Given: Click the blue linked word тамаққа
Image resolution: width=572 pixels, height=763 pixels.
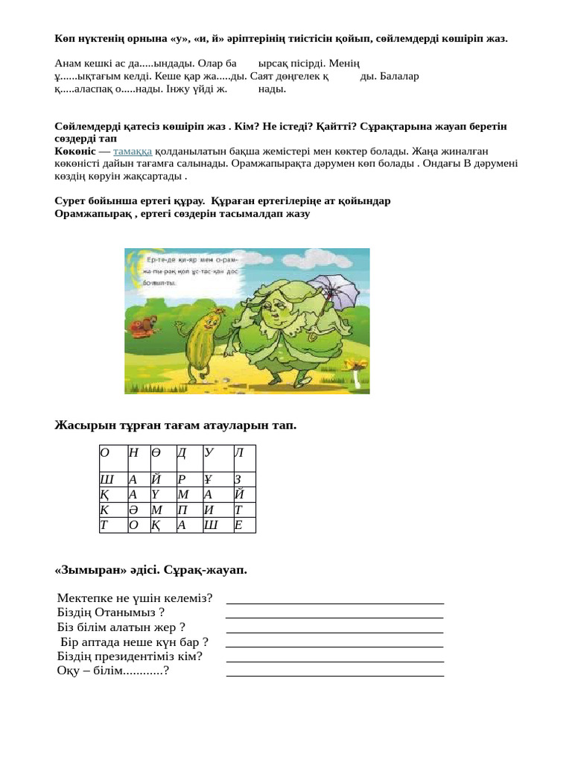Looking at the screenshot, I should [x=133, y=151].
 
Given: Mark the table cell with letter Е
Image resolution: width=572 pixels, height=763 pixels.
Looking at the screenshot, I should [x=244, y=525].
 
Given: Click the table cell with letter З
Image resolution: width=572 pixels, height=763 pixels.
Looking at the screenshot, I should [x=244, y=480].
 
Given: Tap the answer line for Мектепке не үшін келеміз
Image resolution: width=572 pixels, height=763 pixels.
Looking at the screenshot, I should [x=334, y=602].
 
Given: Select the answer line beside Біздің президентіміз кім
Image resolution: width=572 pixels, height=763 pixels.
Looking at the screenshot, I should [x=334, y=661].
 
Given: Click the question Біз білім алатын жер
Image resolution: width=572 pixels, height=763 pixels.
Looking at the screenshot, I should [x=121, y=627].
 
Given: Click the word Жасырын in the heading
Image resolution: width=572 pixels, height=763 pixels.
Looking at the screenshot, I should [x=81, y=425].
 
